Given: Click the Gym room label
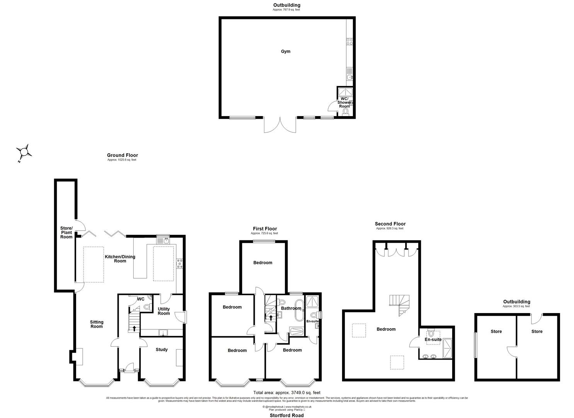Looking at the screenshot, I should pos(286,51).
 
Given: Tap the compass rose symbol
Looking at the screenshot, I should pos(24,151).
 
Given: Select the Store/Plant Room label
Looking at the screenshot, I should pos(66,232).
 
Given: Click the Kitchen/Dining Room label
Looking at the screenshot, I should pos(120,259).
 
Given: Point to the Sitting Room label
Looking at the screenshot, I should pos(97,324).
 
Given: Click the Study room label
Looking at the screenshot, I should pos(162,349).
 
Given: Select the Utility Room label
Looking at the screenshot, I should pos(164,311).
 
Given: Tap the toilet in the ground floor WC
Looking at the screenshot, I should pos(146,307).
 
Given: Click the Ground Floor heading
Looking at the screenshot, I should pos(122,155).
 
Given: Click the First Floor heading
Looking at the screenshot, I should pos(265,229).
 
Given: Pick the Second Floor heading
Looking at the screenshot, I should pos(390,224).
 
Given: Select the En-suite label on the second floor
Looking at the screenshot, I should pos(433,339).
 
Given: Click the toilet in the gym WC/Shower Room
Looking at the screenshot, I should pos(346,112).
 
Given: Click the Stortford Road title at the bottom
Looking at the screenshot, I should pos(286,415).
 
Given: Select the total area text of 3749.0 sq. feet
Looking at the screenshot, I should pos(286,392).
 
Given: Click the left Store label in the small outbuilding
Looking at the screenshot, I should pos(496,331).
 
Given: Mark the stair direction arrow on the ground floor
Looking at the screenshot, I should pos(134,329).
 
